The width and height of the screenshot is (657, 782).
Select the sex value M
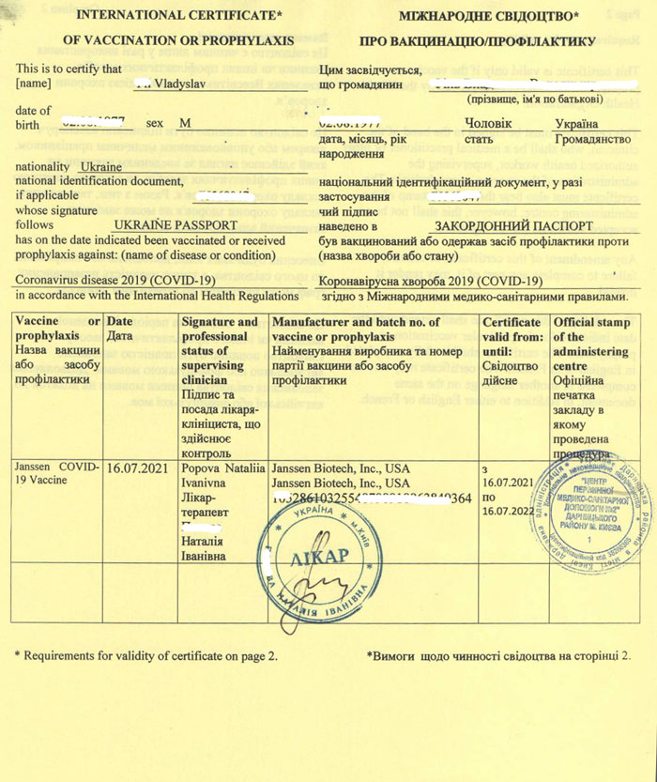click(186, 123)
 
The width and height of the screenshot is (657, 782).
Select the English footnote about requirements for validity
click(146, 655)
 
